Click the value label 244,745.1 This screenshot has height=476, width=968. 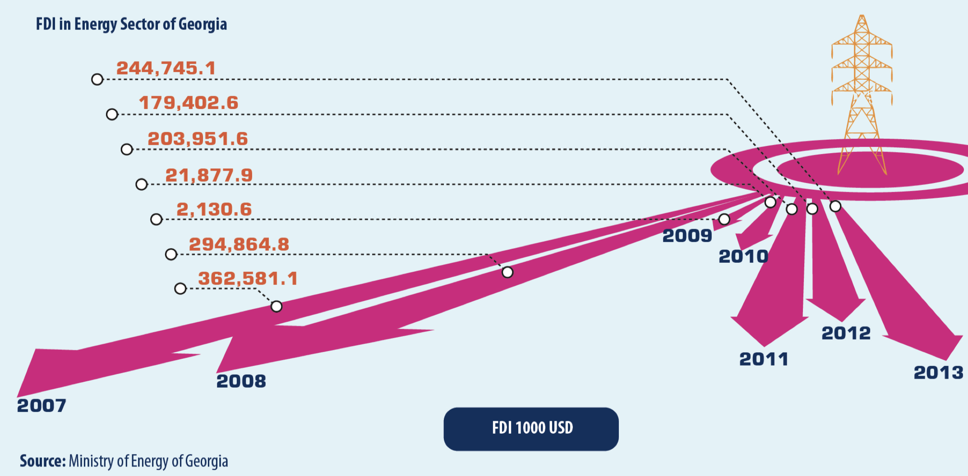[166, 69]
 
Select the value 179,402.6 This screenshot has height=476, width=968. [189, 103]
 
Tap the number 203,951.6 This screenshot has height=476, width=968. [198, 139]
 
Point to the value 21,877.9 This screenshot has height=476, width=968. [209, 175]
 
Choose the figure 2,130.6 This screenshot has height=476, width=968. [214, 210]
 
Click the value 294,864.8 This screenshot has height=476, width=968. [239, 244]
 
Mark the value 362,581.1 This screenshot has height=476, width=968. [248, 279]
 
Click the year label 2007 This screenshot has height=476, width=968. [41, 406]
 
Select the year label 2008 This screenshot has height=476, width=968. [241, 381]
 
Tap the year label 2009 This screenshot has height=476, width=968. [687, 236]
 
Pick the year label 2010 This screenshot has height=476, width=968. [743, 256]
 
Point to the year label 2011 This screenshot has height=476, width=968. [764, 359]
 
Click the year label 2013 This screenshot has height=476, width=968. [939, 373]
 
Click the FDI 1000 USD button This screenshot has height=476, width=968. [531, 429]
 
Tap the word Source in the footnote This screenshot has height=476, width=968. [43, 461]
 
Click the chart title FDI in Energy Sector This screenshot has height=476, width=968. [131, 24]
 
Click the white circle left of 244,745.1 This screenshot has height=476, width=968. [97, 80]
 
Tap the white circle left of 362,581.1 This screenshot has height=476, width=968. [180, 288]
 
